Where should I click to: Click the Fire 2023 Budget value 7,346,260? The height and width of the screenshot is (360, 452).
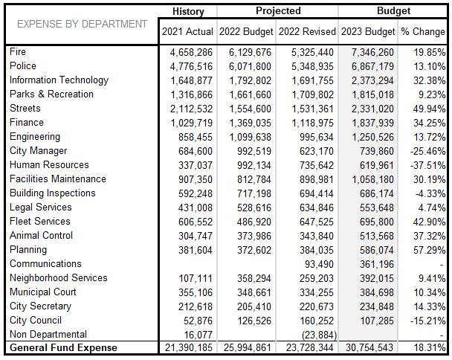click(x=372, y=53)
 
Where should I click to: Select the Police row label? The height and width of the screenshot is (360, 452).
click(x=23, y=65)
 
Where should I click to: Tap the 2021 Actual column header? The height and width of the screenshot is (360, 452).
click(x=187, y=31)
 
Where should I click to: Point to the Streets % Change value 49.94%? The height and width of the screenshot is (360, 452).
click(x=429, y=109)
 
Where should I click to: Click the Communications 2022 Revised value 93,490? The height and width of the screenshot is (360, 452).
click(x=319, y=265)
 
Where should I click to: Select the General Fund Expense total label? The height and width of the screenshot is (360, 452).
click(x=63, y=347)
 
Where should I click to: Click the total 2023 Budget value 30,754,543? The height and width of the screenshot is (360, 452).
click(x=369, y=347)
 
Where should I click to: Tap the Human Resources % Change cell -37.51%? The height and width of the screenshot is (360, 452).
click(x=427, y=166)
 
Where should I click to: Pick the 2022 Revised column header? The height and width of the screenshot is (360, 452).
click(x=307, y=31)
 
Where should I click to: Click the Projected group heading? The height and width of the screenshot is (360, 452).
click(x=278, y=11)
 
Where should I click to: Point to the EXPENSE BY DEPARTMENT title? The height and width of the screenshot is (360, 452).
click(x=83, y=25)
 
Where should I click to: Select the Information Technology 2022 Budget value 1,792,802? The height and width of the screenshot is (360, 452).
click(x=251, y=81)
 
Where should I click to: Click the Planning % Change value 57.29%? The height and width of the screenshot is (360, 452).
click(x=429, y=251)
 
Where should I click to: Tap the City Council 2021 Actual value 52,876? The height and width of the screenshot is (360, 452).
click(x=198, y=321)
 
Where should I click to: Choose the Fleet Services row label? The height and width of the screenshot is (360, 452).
click(x=40, y=221)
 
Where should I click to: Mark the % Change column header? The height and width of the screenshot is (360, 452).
click(x=423, y=31)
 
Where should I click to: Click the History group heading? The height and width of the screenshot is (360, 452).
click(x=188, y=12)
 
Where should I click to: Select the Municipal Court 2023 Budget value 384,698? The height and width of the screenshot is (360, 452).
click(x=377, y=293)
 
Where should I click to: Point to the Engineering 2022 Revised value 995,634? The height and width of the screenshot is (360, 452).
click(x=317, y=138)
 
